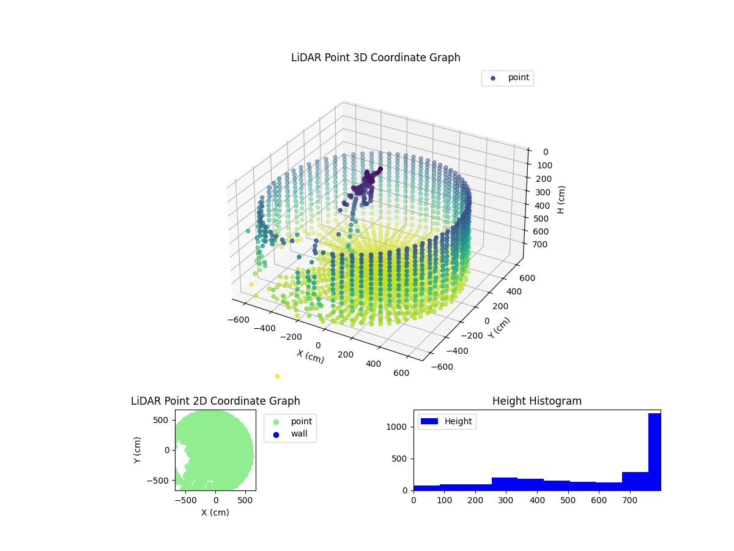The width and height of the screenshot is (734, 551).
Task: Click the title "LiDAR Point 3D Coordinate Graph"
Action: [376, 58]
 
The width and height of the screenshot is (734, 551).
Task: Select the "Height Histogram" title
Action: [536, 401]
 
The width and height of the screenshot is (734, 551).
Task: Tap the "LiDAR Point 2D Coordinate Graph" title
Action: [215, 401]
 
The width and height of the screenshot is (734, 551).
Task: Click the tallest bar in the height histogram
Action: [654, 452]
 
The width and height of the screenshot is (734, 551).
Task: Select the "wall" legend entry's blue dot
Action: [276, 435]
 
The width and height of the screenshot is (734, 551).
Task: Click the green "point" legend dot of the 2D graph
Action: [276, 422]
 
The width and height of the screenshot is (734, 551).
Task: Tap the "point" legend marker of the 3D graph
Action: [493, 78]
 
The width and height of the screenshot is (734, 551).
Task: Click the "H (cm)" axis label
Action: [562, 200]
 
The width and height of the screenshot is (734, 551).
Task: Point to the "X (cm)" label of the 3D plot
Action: [311, 356]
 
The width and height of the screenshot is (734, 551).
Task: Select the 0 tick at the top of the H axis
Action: [545, 152]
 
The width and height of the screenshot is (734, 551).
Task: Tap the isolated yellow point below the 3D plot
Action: [277, 377]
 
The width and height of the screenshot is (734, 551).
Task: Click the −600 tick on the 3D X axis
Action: [237, 319]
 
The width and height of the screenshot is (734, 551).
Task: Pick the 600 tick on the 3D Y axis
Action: [528, 277]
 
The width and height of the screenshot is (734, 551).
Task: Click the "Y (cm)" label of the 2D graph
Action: [138, 450]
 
